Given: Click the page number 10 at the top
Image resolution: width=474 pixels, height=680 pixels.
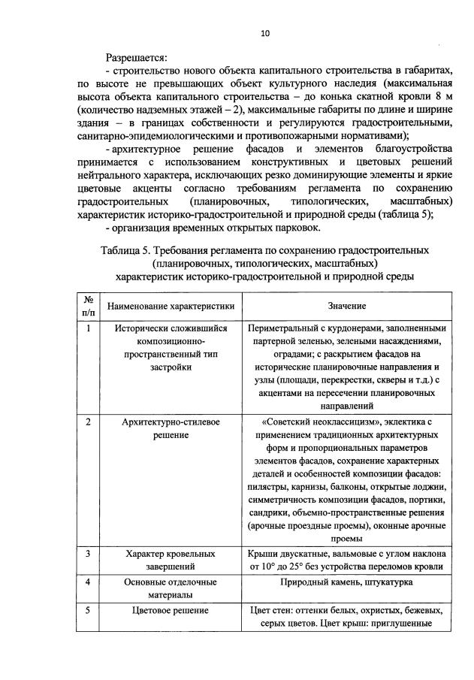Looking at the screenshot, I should coord(264,33).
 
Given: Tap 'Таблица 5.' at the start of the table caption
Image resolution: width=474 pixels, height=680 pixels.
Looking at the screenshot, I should coord(124,249).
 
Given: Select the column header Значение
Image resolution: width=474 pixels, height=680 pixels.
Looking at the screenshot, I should coord(346,307).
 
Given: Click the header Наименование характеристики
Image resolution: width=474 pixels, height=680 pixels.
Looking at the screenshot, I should coord(171,307).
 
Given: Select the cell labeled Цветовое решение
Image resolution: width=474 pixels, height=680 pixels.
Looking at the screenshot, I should coord(171,610).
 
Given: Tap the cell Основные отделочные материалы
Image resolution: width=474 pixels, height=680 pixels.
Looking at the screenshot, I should coord(171,588).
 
